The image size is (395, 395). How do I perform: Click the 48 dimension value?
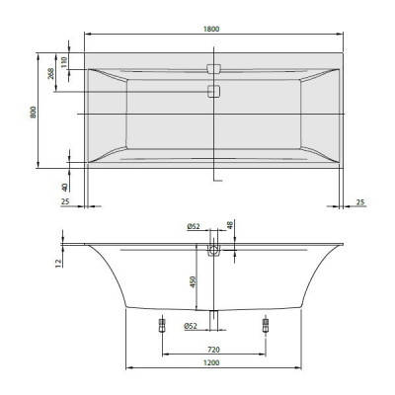(x=231, y=227)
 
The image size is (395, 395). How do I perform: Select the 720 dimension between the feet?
(x=213, y=350)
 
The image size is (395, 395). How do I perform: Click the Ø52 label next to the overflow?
(x=193, y=227)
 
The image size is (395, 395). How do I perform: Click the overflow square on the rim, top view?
(x=213, y=70)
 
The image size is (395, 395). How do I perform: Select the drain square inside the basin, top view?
(x=213, y=91)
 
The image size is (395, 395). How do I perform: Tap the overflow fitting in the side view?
(x=213, y=251)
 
